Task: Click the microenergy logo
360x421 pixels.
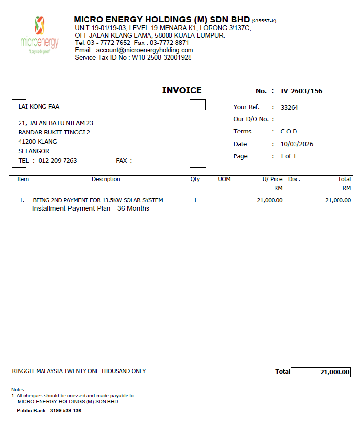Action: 40,34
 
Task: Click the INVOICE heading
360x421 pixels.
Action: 182,90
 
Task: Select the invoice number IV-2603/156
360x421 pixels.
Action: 301,91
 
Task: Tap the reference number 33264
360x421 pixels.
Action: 289,107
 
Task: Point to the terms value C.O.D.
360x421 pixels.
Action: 290,132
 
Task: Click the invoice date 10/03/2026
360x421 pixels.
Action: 297,144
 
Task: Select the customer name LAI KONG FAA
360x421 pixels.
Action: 39,107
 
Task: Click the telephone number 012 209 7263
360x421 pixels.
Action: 57,161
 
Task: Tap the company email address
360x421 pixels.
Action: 145,50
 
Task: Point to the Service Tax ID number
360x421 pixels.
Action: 162,58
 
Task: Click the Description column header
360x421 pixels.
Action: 106,179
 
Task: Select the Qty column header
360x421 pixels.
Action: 195,179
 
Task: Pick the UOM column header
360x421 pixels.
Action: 224,179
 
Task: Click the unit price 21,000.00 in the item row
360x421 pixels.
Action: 270,200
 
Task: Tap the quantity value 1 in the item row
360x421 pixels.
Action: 195,200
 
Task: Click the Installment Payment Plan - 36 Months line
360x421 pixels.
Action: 91,209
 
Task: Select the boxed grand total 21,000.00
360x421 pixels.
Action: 335,372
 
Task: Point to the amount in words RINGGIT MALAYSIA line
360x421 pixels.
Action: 79,371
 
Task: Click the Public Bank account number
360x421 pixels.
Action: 65,411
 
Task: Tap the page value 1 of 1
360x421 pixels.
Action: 288,156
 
